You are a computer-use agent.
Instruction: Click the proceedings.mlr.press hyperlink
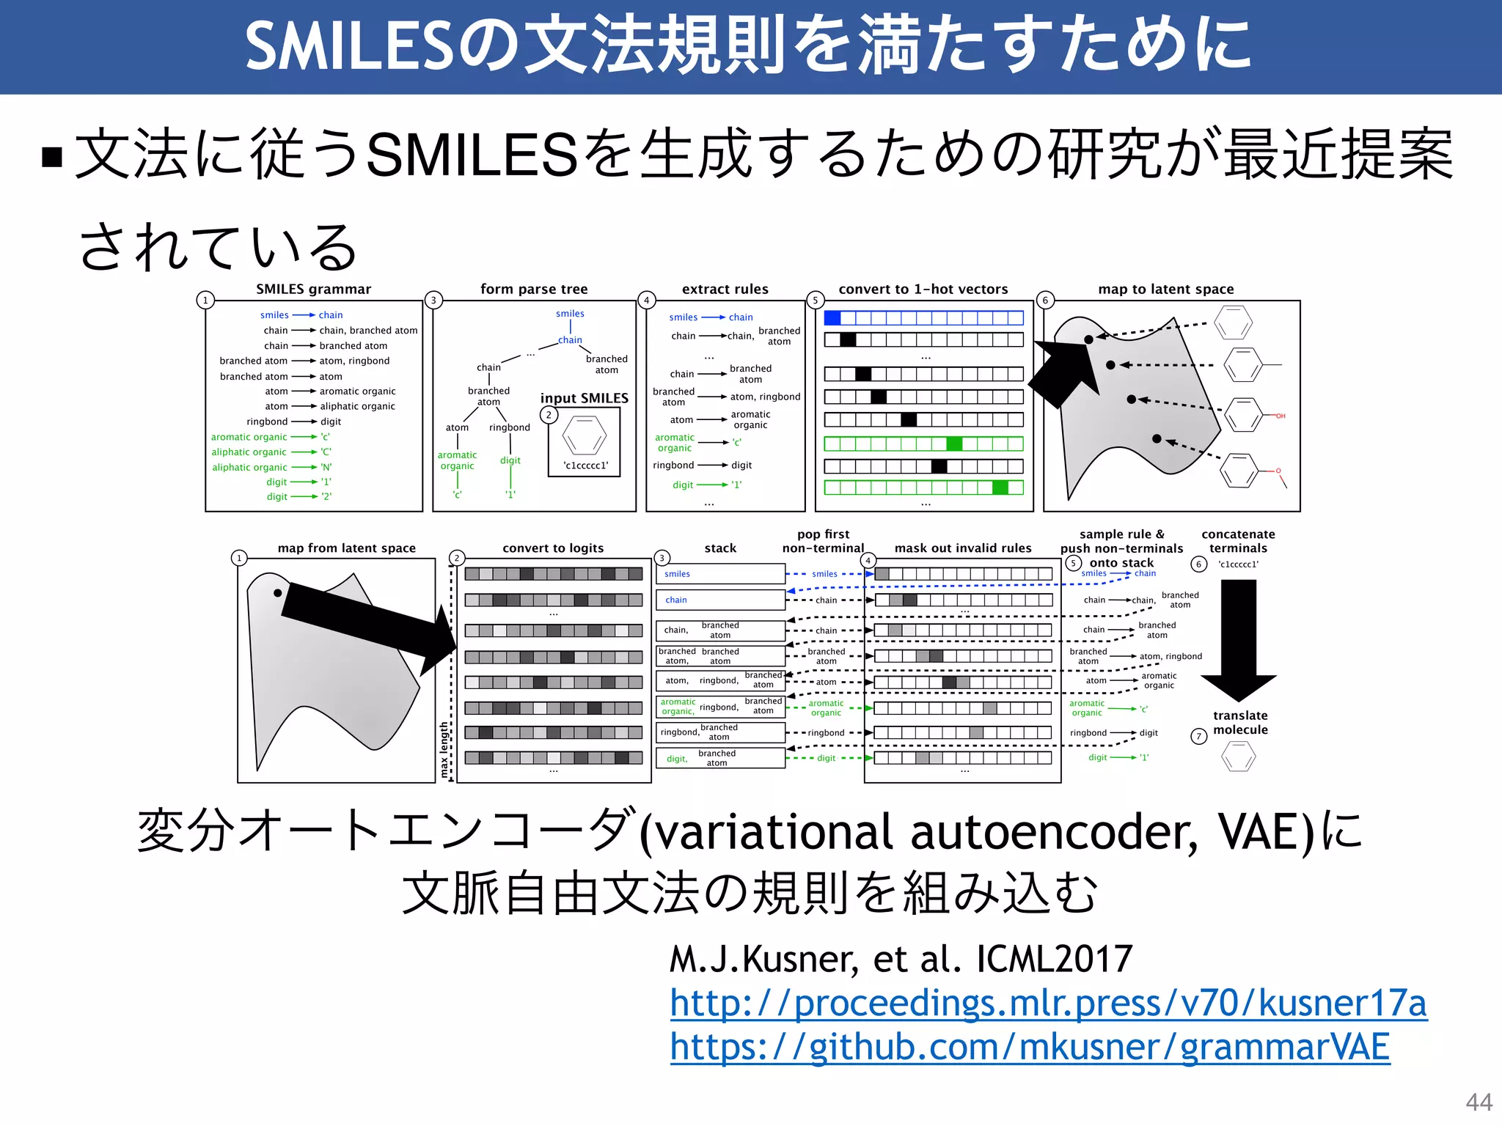tap(1048, 1003)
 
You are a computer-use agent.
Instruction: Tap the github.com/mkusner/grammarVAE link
tap(1030, 1047)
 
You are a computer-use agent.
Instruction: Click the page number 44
tap(1479, 1102)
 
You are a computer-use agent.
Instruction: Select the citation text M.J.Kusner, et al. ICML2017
tap(901, 959)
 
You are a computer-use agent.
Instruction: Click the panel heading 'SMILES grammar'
tap(313, 289)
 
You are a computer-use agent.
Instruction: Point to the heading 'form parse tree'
tap(534, 289)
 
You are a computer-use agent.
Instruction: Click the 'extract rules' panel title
tap(725, 289)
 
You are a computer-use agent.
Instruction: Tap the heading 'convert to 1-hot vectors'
tap(923, 289)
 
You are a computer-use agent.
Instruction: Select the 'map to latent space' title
tap(1165, 289)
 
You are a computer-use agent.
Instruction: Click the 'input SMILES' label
tap(584, 398)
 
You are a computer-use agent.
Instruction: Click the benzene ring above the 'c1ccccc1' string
tap(585, 436)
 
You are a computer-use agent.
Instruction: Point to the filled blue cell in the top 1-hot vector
tap(832, 318)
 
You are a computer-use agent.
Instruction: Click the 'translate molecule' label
tap(1239, 722)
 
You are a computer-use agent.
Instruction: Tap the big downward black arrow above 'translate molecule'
tap(1239, 638)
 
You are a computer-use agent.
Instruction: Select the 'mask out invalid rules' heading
tap(962, 548)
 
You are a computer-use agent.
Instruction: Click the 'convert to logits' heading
tap(553, 548)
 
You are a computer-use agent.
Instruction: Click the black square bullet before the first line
tap(51, 156)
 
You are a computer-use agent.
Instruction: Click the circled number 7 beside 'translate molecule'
tap(1198, 736)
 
